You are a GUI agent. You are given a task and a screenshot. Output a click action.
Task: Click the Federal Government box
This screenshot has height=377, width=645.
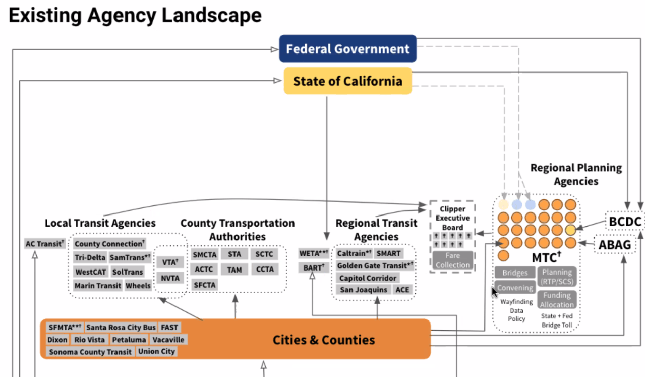pos(348,49)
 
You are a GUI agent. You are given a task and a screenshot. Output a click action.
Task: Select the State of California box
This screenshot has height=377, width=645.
pos(348,81)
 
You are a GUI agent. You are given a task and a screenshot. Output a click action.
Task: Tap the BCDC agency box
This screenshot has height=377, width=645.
pos(624,222)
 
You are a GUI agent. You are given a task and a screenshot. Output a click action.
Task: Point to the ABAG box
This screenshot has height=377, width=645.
pos(614,245)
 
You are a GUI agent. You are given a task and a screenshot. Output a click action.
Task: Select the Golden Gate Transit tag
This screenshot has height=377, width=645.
pos(375,265)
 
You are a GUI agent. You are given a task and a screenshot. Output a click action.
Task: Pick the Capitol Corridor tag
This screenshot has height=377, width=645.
pos(368,278)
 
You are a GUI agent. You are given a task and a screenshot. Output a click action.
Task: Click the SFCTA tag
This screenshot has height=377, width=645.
pos(204,285)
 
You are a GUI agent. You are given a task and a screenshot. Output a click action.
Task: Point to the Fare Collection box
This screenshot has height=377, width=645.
pos(452,260)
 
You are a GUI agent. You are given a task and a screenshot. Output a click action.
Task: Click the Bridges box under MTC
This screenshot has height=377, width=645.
pos(515,273)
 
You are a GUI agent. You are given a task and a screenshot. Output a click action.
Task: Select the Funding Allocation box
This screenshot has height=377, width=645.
pos(557,300)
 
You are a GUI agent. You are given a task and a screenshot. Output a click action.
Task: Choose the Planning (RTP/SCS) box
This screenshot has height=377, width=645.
pos(557,277)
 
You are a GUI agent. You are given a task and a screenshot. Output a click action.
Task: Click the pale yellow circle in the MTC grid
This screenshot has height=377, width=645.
pos(503,205)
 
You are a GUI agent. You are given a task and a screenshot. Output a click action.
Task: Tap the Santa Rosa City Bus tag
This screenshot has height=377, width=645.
pos(121,327)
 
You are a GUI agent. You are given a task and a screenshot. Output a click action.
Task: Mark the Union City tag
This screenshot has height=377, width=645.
pos(156,351)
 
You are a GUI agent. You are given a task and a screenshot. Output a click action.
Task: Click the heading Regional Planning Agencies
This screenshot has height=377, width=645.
pos(576,174)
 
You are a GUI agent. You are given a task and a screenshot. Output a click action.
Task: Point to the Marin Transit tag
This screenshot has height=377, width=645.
pos(98,286)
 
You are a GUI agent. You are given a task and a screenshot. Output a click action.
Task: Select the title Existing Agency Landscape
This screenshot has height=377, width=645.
pos(135,15)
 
